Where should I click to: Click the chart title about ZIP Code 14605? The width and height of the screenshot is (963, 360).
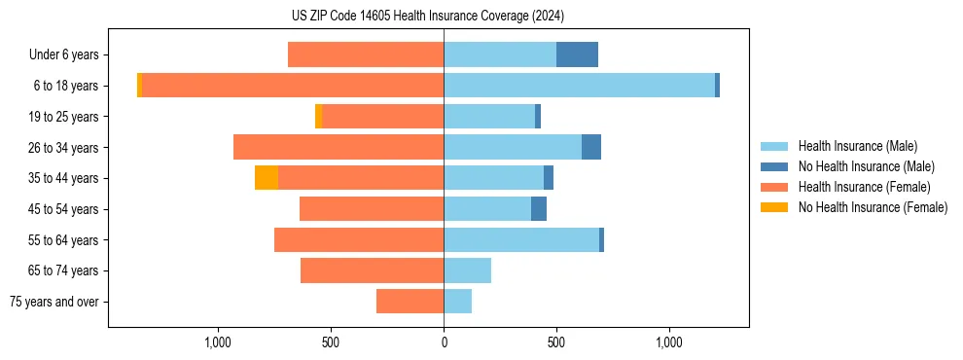click(427, 16)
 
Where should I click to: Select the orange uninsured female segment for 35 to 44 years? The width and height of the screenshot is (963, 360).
click(267, 178)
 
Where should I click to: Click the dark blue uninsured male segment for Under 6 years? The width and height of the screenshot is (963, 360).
click(577, 55)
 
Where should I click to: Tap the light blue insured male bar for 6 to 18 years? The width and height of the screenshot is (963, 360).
click(579, 86)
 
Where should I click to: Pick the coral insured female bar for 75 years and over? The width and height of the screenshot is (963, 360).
click(410, 302)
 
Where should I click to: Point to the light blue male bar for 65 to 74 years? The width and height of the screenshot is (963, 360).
click(467, 270)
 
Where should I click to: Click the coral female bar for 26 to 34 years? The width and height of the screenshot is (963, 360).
click(339, 147)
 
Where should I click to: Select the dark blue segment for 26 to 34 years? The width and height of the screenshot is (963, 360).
click(591, 147)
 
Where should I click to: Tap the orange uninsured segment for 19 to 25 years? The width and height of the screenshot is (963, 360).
click(318, 117)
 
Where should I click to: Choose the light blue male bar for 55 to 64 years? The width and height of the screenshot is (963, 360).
click(521, 239)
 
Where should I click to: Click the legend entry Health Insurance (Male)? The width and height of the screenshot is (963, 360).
click(857, 146)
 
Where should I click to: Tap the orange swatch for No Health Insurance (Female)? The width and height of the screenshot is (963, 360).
click(774, 207)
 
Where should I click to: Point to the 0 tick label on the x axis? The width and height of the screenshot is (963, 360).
click(444, 342)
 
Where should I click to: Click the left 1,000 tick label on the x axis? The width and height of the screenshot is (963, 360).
click(218, 342)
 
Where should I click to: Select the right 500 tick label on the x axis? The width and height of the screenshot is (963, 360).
click(556, 342)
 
